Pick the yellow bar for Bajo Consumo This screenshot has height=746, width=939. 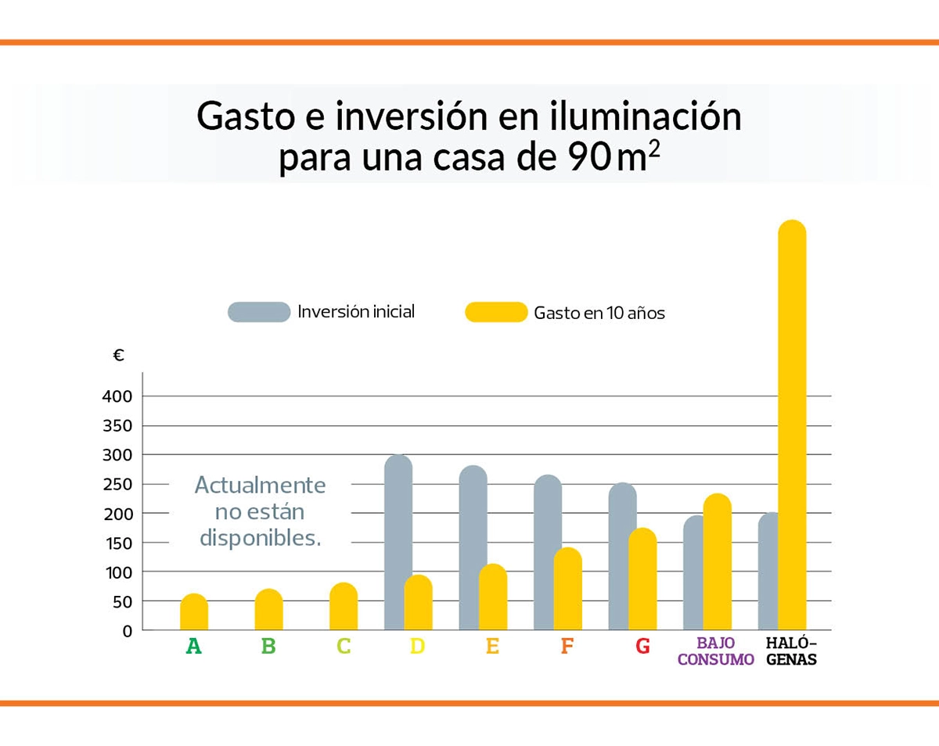tap(717, 562)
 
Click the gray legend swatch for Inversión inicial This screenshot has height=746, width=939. tap(259, 312)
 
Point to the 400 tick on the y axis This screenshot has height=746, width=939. tap(117, 396)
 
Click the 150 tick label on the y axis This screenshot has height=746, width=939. tap(117, 543)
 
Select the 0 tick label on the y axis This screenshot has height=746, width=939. tap(127, 630)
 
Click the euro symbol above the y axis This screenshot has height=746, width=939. tap(119, 356)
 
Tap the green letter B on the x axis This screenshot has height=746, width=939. tap(268, 647)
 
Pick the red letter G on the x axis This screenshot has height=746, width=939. tap(642, 647)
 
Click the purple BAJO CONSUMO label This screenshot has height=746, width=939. tap(715, 651)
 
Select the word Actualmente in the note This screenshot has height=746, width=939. tap(260, 485)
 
